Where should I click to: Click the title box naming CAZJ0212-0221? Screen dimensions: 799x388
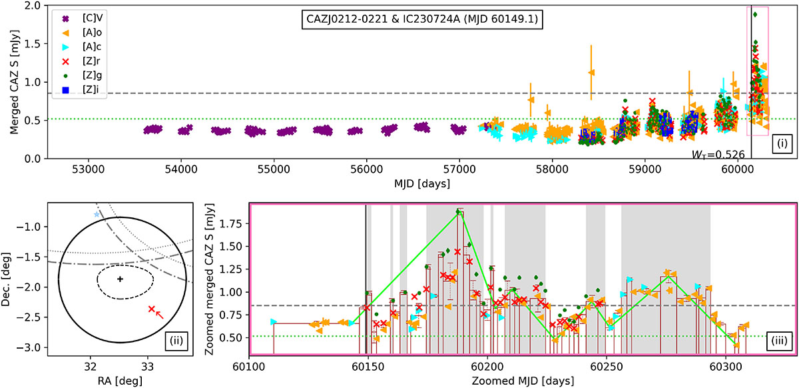[x=422, y=19]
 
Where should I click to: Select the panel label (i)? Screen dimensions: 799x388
[x=782, y=143]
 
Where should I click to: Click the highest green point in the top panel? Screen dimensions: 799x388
[x=755, y=15]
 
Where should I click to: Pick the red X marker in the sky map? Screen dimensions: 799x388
[x=152, y=309]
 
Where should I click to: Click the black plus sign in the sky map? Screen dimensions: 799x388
[x=121, y=279]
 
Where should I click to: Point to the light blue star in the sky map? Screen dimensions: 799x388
[x=97, y=215]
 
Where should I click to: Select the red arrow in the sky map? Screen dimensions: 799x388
[x=159, y=315]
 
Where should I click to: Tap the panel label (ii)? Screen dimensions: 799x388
[x=177, y=341]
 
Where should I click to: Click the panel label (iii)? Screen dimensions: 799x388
[x=779, y=341]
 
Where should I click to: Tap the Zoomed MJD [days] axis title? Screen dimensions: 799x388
[x=523, y=381]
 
